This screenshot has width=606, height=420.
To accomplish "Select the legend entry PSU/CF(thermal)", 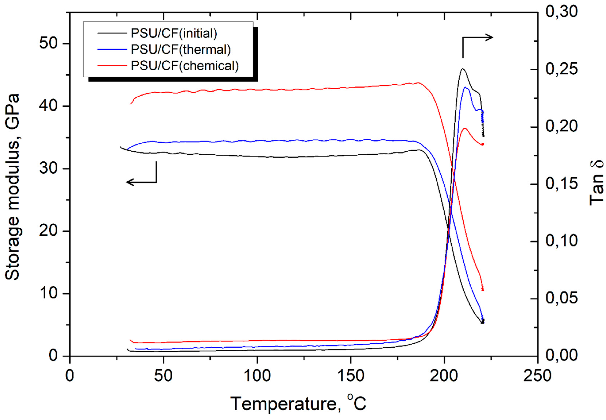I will point(181,49).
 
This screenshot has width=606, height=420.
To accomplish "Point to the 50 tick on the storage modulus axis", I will point(48,43).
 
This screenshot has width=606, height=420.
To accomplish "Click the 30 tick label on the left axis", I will point(48,169).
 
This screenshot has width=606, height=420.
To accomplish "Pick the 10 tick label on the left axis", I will point(48,293).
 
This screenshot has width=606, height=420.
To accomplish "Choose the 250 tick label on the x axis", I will point(537,376).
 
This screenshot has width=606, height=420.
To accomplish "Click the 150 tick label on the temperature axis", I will point(350,376).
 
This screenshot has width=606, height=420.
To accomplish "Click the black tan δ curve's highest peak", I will point(462,69).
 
